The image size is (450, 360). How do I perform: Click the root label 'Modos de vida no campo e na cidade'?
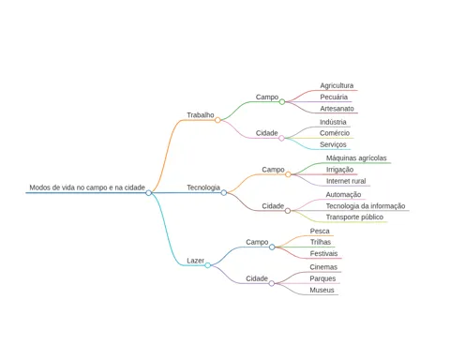[87, 187]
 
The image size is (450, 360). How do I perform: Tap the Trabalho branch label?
[201, 115]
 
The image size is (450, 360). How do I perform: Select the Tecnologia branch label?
[203, 187]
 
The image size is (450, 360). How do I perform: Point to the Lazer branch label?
[195, 261]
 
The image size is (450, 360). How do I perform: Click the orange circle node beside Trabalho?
[217, 120]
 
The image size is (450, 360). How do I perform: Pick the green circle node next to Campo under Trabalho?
[282, 101]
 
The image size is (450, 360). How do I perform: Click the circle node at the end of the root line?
[149, 193]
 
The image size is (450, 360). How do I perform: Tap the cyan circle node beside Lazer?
[207, 265]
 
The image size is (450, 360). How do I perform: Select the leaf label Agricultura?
[337, 85]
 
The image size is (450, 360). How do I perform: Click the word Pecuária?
[334, 97]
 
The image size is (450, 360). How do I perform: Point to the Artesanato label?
[337, 109]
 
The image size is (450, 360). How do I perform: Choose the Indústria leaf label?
[333, 122]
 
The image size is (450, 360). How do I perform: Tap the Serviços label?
[333, 144]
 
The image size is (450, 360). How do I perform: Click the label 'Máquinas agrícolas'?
[356, 158]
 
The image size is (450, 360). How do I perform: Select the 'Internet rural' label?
[346, 181]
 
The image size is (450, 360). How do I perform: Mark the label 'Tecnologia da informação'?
[366, 206]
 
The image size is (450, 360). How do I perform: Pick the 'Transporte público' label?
[354, 217]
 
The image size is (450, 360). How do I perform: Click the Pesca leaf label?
[320, 231]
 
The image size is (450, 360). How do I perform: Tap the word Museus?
[322, 290]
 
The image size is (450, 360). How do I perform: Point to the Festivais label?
[323, 253]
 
